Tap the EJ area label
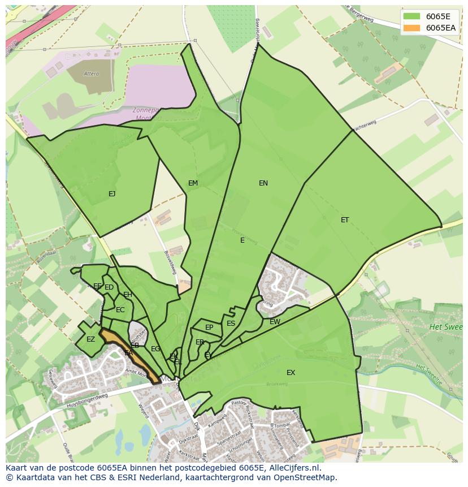pyautogui.click(x=112, y=194)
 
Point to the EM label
pyautogui.click(x=193, y=183)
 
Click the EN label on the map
pyautogui.click(x=263, y=183)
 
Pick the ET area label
pyautogui.click(x=345, y=220)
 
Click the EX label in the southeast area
pyautogui.click(x=291, y=372)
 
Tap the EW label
pyautogui.click(x=275, y=322)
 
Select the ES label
pyautogui.click(x=231, y=324)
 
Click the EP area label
pyautogui.click(x=209, y=327)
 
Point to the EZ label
pyautogui.click(x=90, y=339)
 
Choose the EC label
pyautogui.click(x=120, y=310)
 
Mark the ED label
pyautogui.click(x=109, y=287)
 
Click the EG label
pyautogui.click(x=155, y=349)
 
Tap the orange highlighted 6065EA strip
pyautogui.click(x=131, y=357)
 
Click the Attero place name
pyautogui.click(x=91, y=74)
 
